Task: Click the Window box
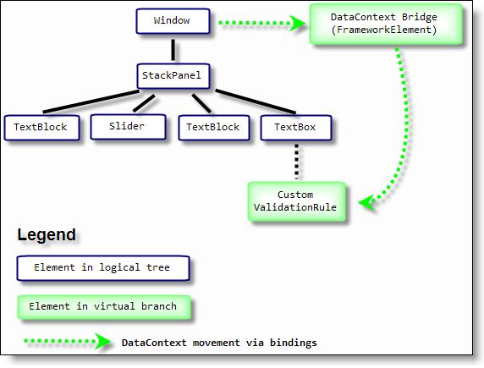173,21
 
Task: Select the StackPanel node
173,76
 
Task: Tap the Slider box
128,127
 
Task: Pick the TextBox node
296,128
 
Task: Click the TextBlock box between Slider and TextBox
214,128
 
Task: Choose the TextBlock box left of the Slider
41,128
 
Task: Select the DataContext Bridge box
386,24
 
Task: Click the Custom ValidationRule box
296,201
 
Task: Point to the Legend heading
47,234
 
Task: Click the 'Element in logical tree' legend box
103,268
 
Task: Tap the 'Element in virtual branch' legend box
104,307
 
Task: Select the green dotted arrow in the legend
68,341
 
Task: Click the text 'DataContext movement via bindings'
219,343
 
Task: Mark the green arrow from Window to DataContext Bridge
261,23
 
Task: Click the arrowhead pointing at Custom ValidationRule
367,202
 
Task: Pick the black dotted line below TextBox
297,161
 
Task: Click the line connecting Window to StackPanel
173,49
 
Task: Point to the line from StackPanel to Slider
144,103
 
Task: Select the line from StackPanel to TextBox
256,102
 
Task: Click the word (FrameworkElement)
384,30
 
